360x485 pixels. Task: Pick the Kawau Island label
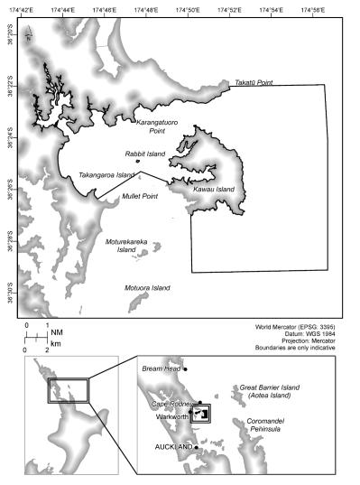[x=214, y=189]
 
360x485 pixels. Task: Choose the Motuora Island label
[x=148, y=287]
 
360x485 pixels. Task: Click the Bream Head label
[x=160, y=369]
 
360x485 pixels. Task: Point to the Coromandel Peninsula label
[x=263, y=425]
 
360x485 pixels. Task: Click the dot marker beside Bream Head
[x=184, y=369]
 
